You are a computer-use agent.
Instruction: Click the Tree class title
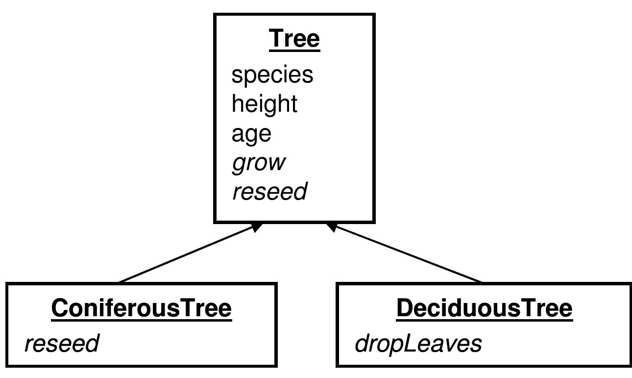(294, 38)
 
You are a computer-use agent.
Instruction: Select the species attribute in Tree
(272, 75)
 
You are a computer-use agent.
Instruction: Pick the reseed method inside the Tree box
(270, 191)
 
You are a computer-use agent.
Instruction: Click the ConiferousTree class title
(142, 308)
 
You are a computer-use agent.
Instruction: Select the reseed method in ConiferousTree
(62, 343)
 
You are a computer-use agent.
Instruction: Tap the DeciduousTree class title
(485, 308)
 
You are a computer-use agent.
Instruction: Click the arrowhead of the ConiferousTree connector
(257, 227)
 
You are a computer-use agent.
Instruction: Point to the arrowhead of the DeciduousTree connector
(332, 227)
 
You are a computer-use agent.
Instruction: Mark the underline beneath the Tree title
(294, 50)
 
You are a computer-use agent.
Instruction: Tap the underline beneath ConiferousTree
(142, 321)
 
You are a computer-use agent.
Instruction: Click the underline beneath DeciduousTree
(485, 321)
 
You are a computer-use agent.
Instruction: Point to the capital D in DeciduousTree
(405, 308)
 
